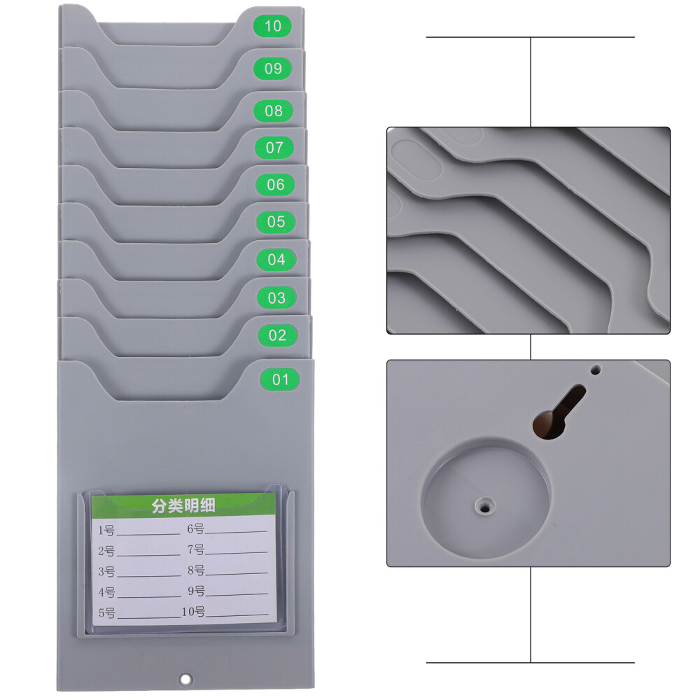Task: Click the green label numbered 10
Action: pos(273,27)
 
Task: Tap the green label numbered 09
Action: pos(273,69)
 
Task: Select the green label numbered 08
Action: pos(274,111)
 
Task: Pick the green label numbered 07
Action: pos(274,148)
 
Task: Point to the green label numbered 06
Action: pos(276,185)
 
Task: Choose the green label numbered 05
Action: pos(276,222)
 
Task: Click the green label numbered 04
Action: pos(276,259)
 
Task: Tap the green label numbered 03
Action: pos(277,297)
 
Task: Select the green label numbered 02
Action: pos(278,335)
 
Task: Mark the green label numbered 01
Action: pos(280,379)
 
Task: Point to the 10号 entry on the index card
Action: pos(193,612)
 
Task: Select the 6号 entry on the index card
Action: pos(195,528)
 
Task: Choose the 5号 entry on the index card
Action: pos(106,613)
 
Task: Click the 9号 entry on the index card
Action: pos(196,591)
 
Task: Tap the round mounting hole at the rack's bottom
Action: pos(185,678)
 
